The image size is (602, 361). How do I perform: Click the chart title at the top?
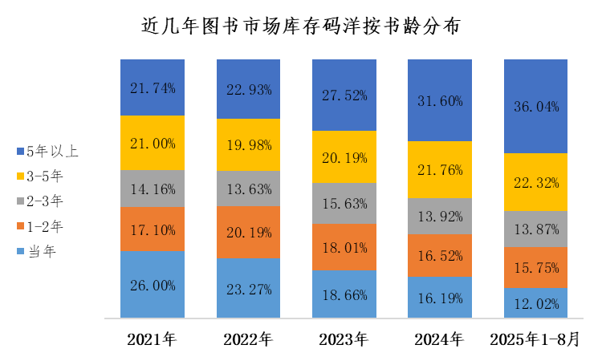click(x=301, y=26)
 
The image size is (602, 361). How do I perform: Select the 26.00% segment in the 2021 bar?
click(x=152, y=284)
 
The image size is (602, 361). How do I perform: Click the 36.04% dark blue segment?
click(x=535, y=106)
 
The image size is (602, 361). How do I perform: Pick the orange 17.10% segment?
click(x=152, y=229)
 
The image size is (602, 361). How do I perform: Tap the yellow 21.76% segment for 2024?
click(x=439, y=169)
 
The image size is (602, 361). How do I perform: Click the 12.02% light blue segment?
click(x=535, y=302)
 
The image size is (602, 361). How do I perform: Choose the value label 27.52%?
click(x=344, y=95)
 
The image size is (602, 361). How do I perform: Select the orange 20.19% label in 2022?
click(x=248, y=232)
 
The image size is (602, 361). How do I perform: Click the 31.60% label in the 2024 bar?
click(x=439, y=100)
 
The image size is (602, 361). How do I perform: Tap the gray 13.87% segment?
click(x=535, y=229)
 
